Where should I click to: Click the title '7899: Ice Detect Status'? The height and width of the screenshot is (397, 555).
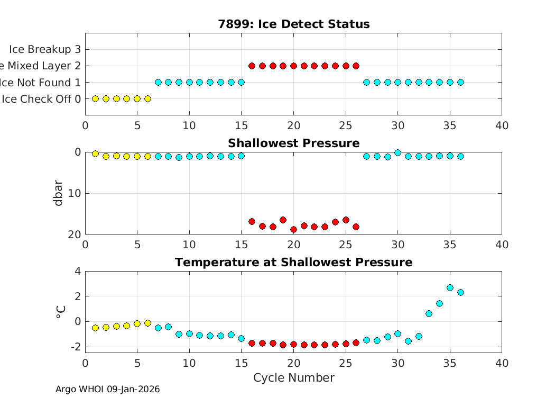[293, 24]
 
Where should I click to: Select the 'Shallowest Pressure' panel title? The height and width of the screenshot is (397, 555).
[293, 143]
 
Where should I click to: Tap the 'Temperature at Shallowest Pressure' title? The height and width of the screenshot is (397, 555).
[293, 263]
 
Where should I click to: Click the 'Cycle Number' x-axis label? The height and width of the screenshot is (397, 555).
[293, 377]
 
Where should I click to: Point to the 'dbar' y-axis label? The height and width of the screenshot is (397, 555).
[59, 193]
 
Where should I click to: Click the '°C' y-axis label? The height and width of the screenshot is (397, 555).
[60, 312]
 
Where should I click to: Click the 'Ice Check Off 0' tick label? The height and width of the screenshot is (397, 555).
[41, 99]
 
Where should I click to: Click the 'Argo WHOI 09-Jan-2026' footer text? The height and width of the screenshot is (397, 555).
[107, 390]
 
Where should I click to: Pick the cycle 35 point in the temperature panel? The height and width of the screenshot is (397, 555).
[450, 287]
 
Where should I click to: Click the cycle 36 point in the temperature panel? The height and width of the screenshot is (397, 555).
[460, 292]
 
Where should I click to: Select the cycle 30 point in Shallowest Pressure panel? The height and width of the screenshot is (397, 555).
[397, 152]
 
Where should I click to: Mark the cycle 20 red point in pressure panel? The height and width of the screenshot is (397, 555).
[293, 229]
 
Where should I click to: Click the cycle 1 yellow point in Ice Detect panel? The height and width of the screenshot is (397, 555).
[96, 98]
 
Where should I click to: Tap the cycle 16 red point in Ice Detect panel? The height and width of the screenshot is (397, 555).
[252, 66]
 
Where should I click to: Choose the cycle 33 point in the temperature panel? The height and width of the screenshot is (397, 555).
[429, 313]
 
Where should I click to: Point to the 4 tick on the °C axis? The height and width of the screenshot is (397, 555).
[78, 271]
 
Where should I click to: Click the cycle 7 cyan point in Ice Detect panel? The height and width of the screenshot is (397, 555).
[158, 82]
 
